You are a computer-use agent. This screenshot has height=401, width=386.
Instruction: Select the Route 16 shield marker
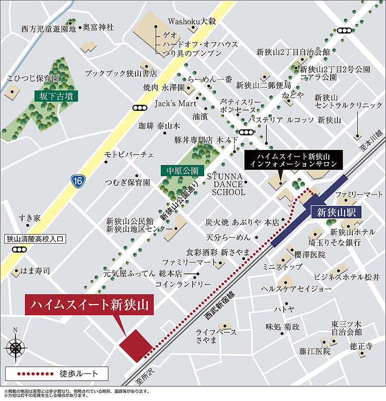[x=77, y=181]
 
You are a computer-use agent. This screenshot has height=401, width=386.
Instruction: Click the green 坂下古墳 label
[x=56, y=96]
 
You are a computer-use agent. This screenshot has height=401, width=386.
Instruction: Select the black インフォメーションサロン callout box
[x=293, y=159]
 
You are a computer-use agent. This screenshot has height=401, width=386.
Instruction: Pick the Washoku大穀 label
[x=191, y=21]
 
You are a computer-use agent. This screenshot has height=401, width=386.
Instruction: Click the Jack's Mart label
[x=175, y=104]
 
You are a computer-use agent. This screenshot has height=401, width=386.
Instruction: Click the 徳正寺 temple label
[x=361, y=346]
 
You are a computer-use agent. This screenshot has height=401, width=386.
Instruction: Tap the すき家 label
[x=29, y=218]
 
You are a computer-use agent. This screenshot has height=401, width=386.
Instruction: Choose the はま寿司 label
[x=35, y=271]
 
